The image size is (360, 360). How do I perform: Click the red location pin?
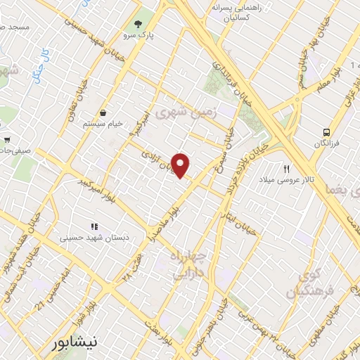(x=181, y=165)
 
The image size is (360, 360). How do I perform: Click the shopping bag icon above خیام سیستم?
(x=103, y=112)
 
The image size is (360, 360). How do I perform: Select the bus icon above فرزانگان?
(x=326, y=132)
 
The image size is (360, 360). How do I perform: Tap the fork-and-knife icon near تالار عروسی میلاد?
(x=286, y=169)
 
